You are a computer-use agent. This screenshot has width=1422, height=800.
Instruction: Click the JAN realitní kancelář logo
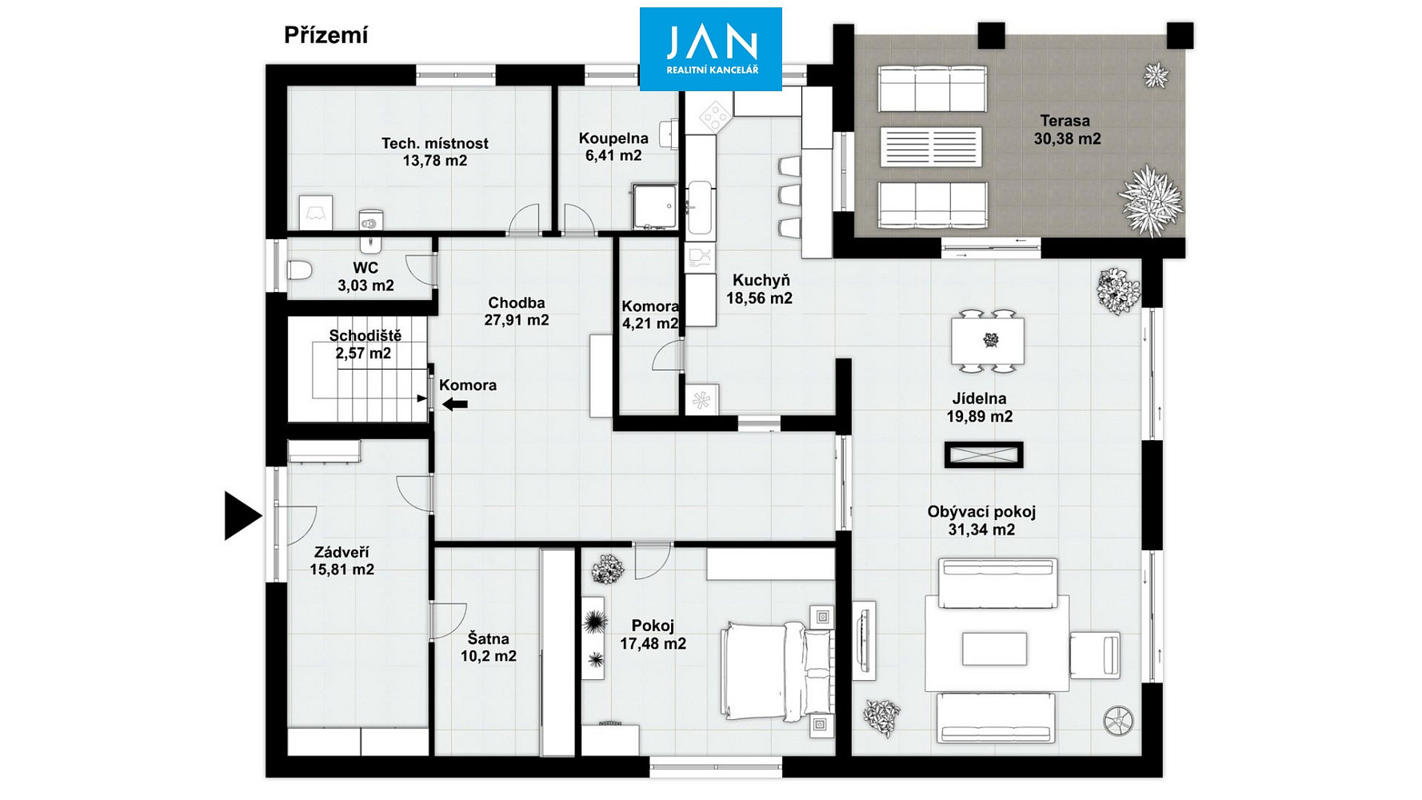click(710, 49)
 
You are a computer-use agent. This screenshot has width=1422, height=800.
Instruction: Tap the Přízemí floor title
click(326, 36)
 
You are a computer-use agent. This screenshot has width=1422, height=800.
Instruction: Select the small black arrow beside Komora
click(455, 405)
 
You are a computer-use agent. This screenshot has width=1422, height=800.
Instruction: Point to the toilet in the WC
click(300, 270)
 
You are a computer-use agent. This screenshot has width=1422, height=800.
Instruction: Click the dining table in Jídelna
click(988, 342)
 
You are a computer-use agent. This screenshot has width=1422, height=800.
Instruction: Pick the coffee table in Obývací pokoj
click(994, 649)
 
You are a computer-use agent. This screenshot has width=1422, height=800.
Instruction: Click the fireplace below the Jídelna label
click(984, 455)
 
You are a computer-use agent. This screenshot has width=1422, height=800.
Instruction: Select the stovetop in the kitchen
click(715, 117)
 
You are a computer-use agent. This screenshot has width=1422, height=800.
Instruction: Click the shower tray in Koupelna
click(655, 206)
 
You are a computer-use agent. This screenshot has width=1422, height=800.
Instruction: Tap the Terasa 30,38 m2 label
click(1066, 130)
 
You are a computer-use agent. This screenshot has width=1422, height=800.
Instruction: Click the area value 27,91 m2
click(517, 320)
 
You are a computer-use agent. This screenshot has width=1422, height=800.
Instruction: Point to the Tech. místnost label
click(434, 143)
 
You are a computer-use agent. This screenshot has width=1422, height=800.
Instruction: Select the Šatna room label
click(488, 638)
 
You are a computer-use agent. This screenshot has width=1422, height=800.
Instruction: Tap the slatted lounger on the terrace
click(931, 147)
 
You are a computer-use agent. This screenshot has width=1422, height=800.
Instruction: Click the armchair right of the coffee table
click(1095, 654)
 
